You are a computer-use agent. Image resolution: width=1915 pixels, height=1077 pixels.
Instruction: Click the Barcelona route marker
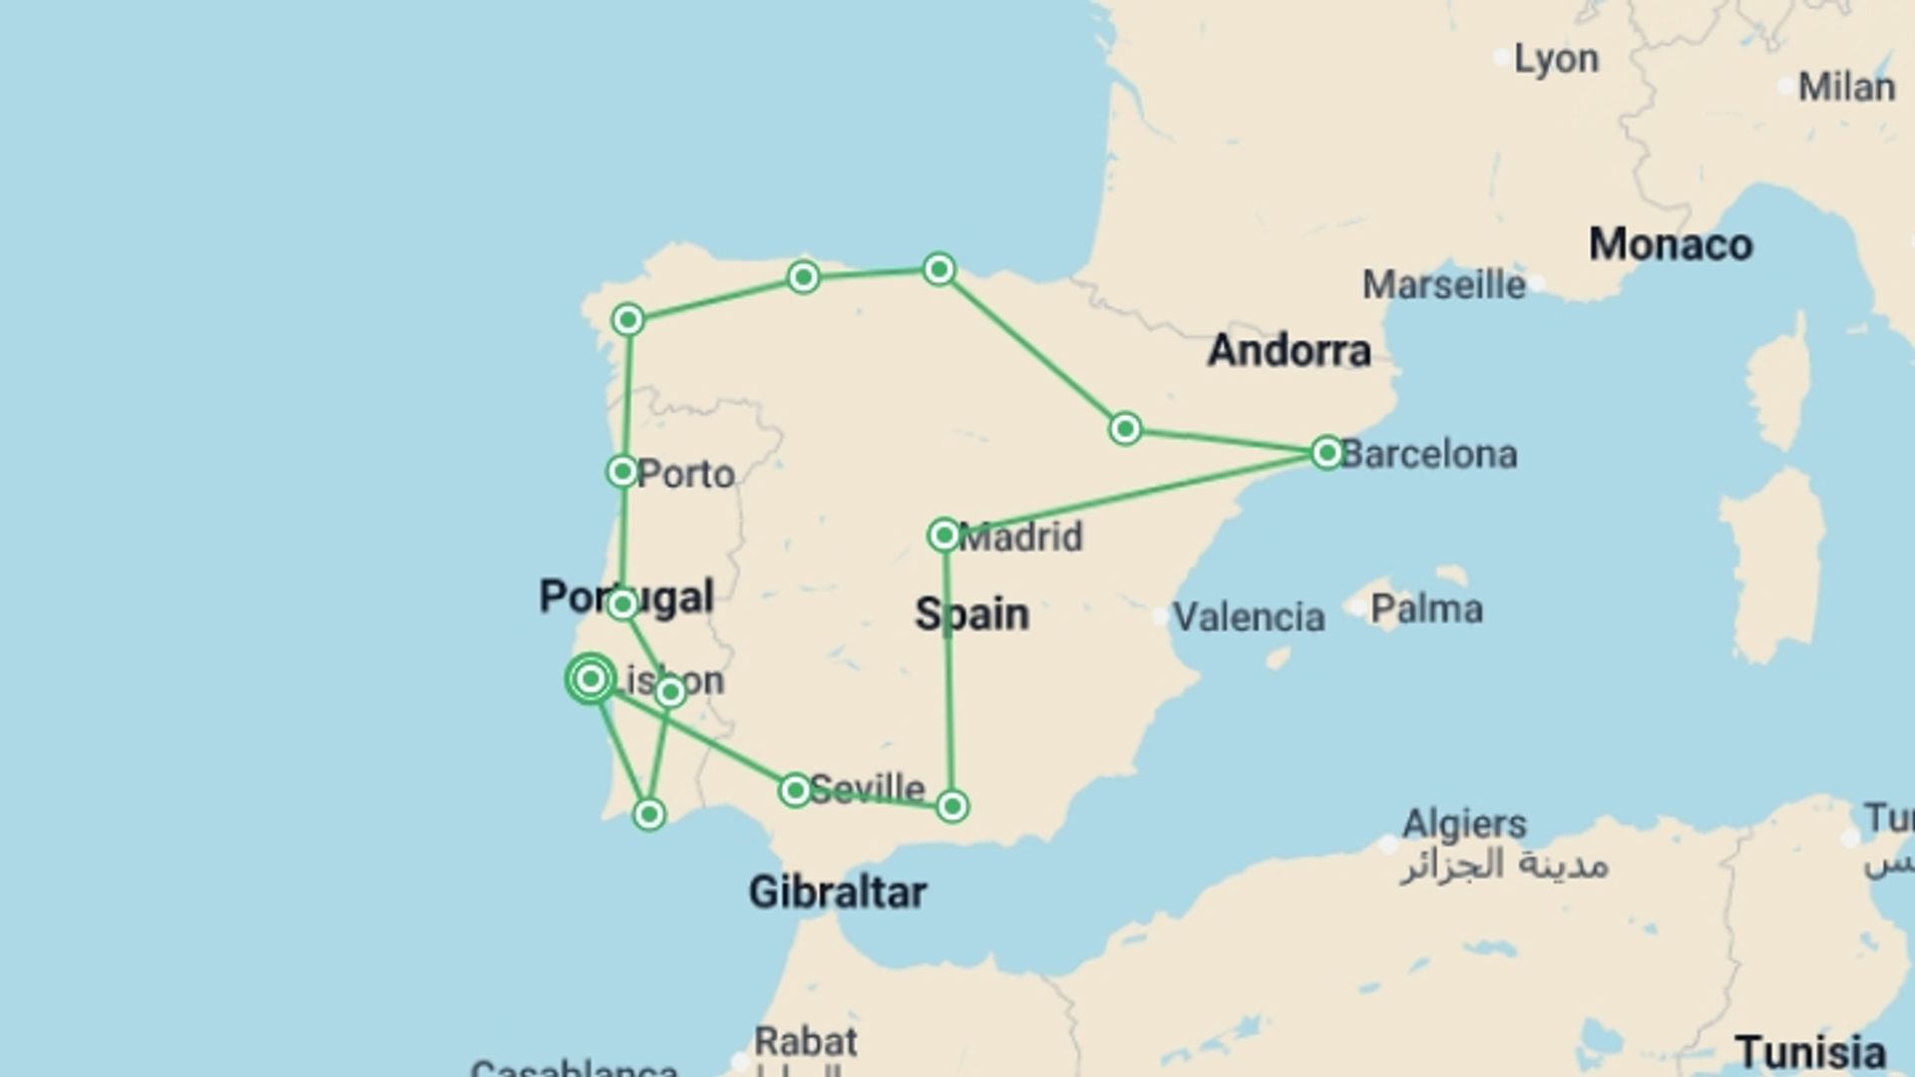pos(1327,453)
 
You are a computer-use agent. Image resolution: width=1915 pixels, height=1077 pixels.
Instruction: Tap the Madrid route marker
pos(944,536)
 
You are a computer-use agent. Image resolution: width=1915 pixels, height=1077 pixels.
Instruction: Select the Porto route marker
pos(622,472)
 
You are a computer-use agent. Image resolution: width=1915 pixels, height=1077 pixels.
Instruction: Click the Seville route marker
pos(795,791)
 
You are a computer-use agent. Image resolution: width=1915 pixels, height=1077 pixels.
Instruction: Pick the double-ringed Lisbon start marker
pos(590,679)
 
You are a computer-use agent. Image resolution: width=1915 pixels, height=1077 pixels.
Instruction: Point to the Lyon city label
pos(1556,59)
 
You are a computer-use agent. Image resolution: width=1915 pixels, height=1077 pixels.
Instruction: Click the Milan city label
pos(1846,88)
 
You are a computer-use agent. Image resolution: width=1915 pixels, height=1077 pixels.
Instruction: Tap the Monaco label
pos(1670,245)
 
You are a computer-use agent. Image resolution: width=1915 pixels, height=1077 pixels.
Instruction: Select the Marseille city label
pos(1443,285)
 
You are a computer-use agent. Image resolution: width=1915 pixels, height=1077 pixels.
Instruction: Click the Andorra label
pos(1289,351)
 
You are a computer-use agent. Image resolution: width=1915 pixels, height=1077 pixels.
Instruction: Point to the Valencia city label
pos(1248,617)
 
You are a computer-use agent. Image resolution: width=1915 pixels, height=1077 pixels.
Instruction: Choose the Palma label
pos(1426,609)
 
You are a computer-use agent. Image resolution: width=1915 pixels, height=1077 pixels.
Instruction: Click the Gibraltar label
pos(837,893)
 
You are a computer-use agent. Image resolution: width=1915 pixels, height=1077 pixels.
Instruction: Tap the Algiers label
pos(1463,825)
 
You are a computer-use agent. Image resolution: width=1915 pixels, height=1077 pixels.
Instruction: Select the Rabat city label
pos(805,1042)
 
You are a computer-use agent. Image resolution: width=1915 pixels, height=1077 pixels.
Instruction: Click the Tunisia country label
pos(1809,1053)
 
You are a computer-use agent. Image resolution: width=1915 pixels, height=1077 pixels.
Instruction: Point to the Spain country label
pos(971,614)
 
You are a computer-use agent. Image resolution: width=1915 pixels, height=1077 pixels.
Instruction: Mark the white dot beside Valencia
pos(1160,617)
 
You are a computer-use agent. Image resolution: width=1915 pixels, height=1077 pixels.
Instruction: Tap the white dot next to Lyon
pos(1501,58)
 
